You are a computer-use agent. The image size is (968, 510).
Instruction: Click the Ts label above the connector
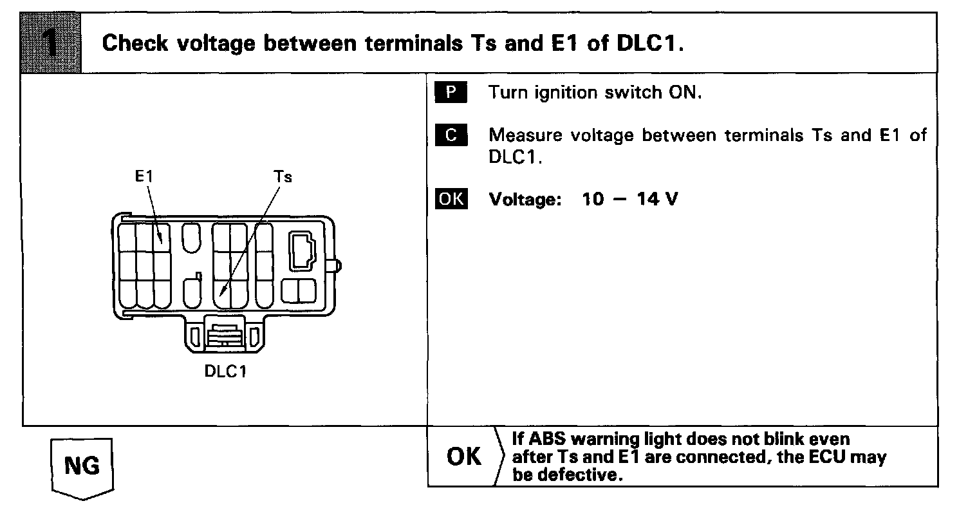coord(283,176)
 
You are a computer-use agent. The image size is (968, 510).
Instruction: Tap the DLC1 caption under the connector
coord(225,373)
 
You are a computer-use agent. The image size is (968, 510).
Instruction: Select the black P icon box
coord(451,93)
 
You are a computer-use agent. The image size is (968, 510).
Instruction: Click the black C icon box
coord(451,135)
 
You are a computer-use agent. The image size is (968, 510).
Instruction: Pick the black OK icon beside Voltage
coord(451,199)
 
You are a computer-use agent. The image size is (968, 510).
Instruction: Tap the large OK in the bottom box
coord(463,457)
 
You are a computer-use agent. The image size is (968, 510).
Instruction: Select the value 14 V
coord(657,200)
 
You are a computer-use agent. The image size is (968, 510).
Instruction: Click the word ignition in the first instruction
coord(570,93)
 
